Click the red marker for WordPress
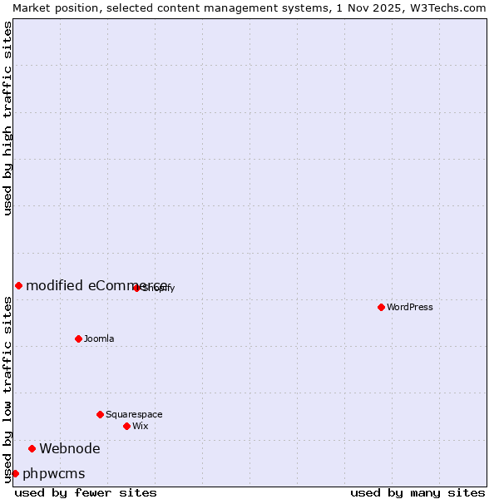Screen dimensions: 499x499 pos(381,307)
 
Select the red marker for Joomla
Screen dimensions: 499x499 pos(78,338)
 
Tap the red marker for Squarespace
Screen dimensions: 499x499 pos(100,414)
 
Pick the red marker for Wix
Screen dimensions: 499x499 pos(126,426)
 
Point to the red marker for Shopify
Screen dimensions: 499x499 pos(136,288)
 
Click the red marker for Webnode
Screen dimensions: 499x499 pos(32,449)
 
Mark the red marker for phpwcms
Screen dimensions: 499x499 pos(15,474)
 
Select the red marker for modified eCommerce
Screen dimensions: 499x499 pos(18,285)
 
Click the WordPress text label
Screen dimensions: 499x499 pos(410,307)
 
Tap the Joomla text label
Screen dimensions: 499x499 pos(99,338)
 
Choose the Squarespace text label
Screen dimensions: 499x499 pos(134,414)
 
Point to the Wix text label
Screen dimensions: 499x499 pos(141,426)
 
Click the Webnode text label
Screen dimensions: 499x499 pos(70,449)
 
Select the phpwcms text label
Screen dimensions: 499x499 pos(54,474)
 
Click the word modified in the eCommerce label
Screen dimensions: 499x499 pos(55,285)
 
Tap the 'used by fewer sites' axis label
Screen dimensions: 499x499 pos(86,492)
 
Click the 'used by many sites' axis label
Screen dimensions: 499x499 pos(417,492)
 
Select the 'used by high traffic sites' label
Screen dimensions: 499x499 pos(8,118)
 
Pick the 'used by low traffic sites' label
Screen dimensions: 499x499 pos(8,389)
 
